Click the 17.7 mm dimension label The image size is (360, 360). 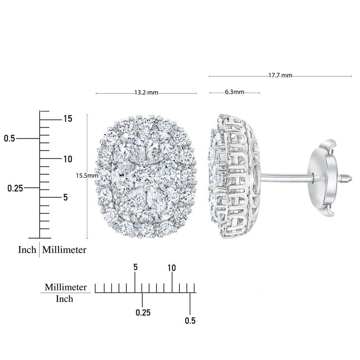tap(280, 75)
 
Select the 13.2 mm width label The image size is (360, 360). tap(146, 93)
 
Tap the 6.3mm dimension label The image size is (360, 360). tap(234, 92)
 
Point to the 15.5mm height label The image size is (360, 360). tap(87, 176)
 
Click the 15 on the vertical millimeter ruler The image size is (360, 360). tap(68, 119)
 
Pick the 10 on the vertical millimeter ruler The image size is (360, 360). tap(68, 159)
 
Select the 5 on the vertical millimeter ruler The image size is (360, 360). tap(66, 197)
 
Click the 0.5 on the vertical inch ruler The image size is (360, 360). tap(9, 139)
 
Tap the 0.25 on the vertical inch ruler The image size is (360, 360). tap(15, 188)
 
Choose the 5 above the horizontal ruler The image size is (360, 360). tap(136, 267)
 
